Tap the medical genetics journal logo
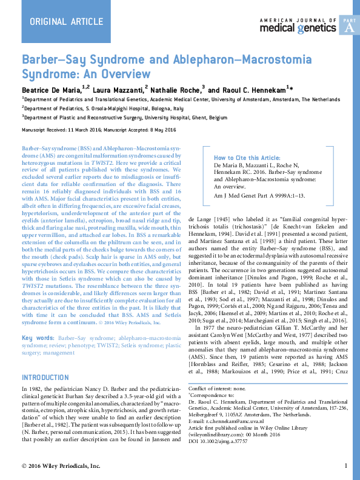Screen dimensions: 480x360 pos(298,25)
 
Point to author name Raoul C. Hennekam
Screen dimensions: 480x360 pos(248,90)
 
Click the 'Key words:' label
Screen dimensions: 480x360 pos(38,338)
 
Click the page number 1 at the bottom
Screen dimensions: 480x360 pos(345,465)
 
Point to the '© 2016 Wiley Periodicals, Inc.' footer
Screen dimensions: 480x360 pos(61,465)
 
